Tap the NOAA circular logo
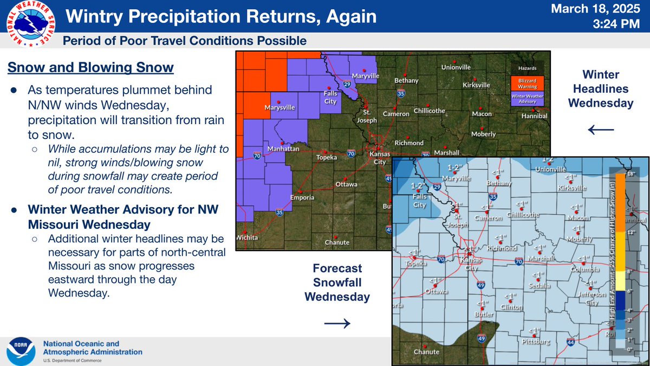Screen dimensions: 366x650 [21, 352]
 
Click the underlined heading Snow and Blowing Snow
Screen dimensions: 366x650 [90, 68]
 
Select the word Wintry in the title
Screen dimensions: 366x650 [93, 17]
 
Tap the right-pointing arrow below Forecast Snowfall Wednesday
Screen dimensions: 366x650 [337, 323]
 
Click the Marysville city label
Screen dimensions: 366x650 [279, 108]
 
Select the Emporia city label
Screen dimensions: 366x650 [302, 197]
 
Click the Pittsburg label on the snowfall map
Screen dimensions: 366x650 [536, 342]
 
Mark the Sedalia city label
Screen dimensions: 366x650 [540, 285]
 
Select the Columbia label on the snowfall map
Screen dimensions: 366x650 [588, 269]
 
